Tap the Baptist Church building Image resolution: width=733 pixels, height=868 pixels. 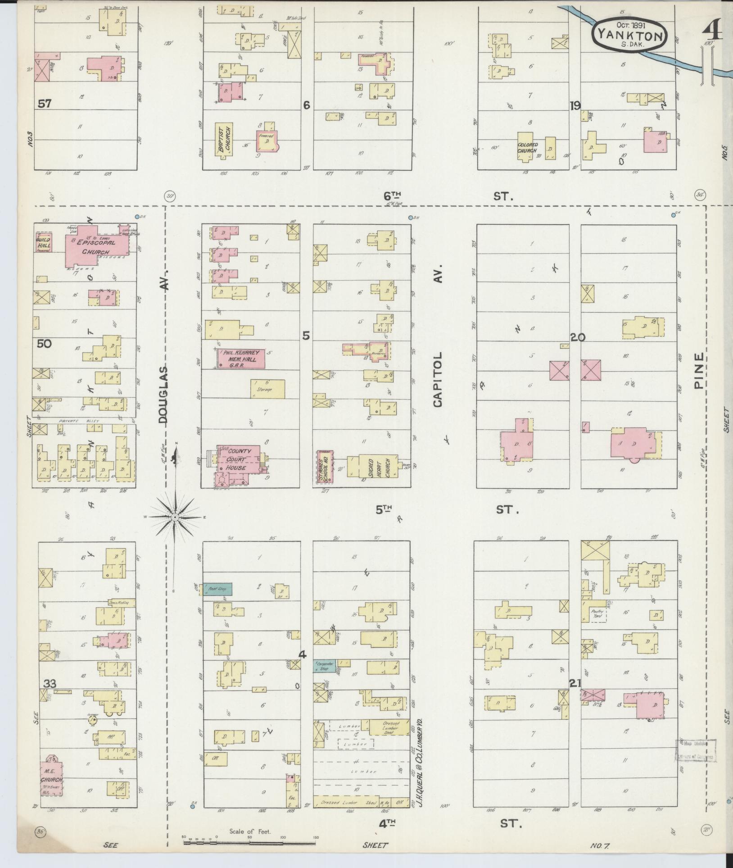224,141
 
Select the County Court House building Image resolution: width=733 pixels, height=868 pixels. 237,460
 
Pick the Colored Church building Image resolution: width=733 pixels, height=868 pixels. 525,145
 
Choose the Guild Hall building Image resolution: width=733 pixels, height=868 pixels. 44,244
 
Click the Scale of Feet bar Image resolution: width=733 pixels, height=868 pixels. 250,841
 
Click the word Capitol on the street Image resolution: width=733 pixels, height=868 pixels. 439,379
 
